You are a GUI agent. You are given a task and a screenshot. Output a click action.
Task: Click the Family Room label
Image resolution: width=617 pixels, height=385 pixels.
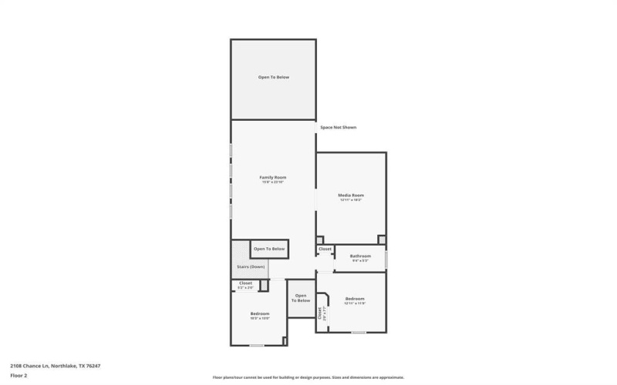(x=273, y=178)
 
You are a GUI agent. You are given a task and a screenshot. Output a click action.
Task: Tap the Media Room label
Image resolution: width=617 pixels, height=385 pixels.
(x=351, y=196)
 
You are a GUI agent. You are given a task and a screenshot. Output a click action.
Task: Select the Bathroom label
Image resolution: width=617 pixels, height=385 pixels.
(x=360, y=256)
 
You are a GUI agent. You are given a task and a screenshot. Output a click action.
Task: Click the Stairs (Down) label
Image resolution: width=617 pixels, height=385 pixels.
(x=251, y=266)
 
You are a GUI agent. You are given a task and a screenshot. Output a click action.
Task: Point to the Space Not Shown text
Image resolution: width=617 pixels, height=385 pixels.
(x=339, y=127)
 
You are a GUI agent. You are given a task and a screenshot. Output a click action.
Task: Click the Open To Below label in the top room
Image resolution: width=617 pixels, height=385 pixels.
(x=273, y=78)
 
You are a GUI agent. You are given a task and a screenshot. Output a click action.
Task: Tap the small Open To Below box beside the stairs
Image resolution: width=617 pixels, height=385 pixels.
(x=269, y=249)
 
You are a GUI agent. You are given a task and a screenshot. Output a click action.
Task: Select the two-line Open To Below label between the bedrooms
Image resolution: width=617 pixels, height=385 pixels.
(x=300, y=298)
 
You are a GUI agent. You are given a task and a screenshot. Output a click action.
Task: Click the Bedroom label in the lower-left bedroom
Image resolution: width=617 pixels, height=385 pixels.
(x=259, y=313)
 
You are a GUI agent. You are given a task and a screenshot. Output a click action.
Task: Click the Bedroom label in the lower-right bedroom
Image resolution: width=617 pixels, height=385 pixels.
(x=355, y=298)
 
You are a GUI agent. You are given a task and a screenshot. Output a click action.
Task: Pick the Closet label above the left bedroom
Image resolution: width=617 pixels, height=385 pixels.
(x=245, y=283)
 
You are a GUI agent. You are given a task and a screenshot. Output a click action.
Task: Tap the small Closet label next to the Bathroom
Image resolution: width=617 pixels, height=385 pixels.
(x=325, y=249)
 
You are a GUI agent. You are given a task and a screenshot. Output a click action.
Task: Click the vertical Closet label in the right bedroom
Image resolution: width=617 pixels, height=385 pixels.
(x=320, y=313)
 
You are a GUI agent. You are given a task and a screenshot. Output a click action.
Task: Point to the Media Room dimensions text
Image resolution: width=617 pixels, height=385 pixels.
(x=351, y=200)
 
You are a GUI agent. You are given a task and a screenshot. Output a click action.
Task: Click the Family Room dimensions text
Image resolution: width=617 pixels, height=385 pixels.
(x=273, y=182)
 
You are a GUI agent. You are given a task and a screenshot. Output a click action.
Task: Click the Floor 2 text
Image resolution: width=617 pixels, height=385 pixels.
(x=19, y=375)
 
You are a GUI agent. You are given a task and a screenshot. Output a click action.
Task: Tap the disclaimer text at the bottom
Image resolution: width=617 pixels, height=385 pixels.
(x=308, y=377)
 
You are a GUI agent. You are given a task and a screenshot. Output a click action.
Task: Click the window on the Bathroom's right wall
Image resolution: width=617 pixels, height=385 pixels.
(x=386, y=259)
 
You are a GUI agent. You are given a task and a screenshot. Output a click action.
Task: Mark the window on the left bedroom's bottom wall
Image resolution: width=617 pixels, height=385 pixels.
(x=257, y=346)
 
